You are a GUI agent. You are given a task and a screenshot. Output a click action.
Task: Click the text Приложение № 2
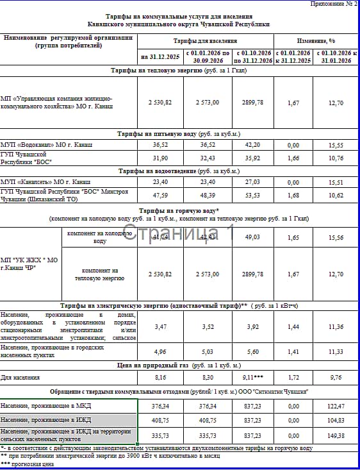click(333, 4)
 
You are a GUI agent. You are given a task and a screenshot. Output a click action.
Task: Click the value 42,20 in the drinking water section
click(253, 146)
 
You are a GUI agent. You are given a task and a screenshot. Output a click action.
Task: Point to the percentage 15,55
click(336, 146)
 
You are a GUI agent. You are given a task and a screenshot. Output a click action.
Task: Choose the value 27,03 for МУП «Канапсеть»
click(253, 182)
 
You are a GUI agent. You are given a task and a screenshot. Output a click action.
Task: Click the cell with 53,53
click(253, 194)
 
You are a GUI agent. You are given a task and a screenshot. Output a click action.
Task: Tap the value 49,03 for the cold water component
click(253, 237)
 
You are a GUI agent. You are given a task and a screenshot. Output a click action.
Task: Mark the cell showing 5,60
click(253, 351)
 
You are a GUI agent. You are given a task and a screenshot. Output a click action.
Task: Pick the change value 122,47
click(336, 406)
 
